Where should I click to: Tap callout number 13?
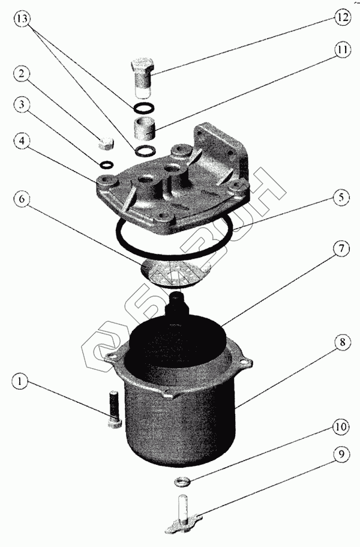click(x=22, y=19)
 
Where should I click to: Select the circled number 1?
click(x=20, y=381)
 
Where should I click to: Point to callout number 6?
click(x=22, y=199)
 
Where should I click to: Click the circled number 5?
click(x=340, y=198)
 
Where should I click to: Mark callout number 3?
click(x=22, y=104)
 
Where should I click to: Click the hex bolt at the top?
click(x=142, y=79)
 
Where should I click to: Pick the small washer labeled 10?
click(x=182, y=482)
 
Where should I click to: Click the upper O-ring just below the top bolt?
click(x=143, y=109)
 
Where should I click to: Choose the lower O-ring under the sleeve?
click(x=144, y=151)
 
